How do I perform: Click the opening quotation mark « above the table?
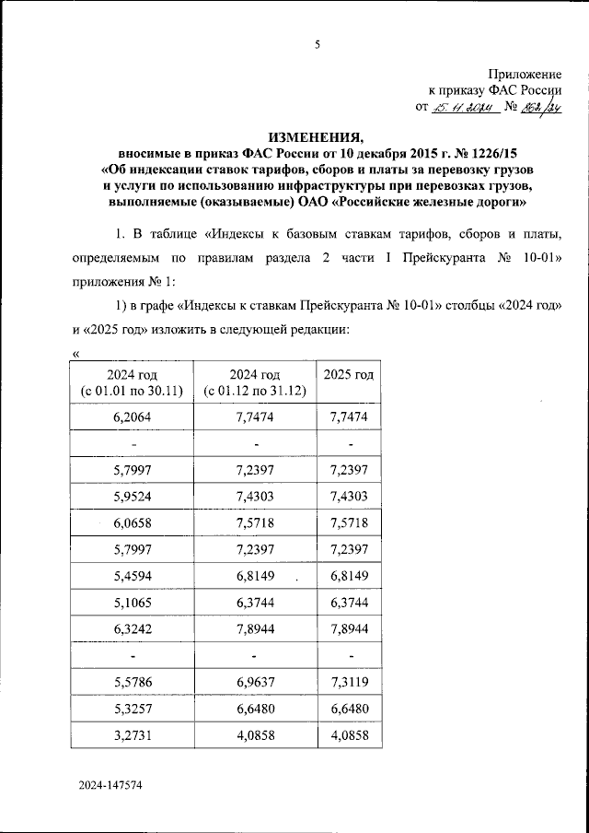(x=75, y=354)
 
